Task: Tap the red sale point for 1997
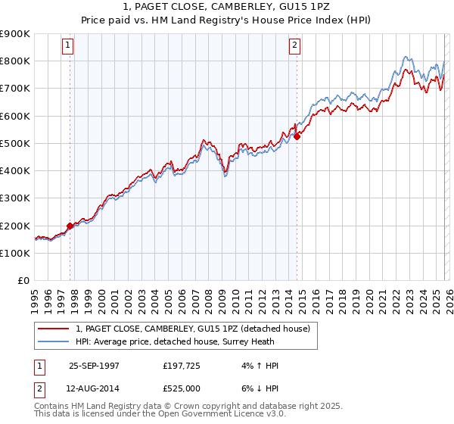(70, 226)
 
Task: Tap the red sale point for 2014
(297, 136)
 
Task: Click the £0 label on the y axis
(23, 281)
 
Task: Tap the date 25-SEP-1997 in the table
(94, 366)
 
